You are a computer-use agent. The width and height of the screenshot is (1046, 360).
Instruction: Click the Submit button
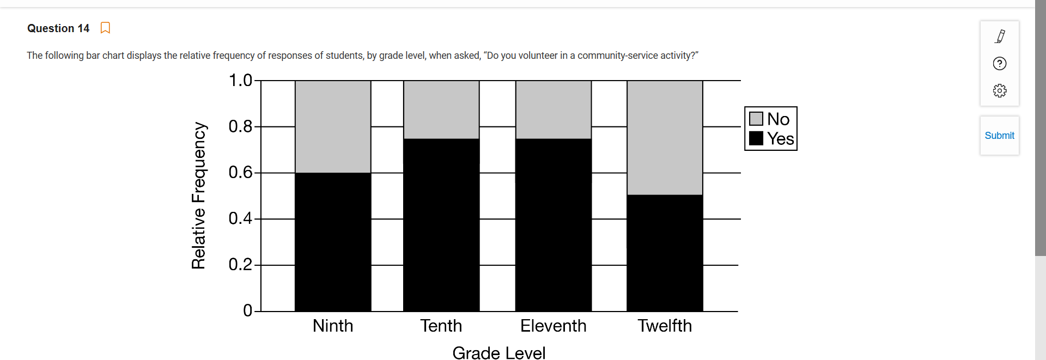click(x=999, y=136)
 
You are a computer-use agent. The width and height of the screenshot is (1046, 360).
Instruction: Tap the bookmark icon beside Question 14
click(x=105, y=28)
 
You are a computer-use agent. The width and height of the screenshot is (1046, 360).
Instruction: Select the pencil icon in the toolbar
click(x=1000, y=36)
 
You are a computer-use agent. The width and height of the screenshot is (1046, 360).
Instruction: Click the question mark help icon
click(x=1000, y=64)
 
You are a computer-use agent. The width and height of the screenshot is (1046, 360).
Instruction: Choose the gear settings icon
click(x=1000, y=90)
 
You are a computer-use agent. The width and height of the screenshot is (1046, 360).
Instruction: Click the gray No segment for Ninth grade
click(x=333, y=126)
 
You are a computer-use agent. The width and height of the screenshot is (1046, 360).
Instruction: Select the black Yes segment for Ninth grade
click(x=333, y=242)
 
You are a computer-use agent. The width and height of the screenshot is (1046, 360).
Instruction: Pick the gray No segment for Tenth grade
click(x=441, y=109)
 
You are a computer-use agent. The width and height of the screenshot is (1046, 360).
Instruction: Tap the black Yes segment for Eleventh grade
click(x=554, y=225)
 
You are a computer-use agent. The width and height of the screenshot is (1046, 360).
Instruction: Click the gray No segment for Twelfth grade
click(x=665, y=138)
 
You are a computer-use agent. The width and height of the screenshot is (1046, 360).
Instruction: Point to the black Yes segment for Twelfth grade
click(x=665, y=253)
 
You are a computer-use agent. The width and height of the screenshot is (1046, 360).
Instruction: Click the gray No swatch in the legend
click(x=756, y=119)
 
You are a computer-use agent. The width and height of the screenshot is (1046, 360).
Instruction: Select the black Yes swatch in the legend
click(x=756, y=138)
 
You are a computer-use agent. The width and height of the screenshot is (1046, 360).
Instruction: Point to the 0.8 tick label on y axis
click(x=240, y=126)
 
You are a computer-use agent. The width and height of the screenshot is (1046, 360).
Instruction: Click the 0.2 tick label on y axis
click(x=240, y=265)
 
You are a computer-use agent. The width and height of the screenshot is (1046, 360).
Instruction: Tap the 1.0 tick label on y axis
click(x=240, y=81)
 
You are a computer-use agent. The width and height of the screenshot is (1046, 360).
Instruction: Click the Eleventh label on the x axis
click(x=554, y=326)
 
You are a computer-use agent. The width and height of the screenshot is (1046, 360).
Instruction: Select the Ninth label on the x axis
click(x=333, y=326)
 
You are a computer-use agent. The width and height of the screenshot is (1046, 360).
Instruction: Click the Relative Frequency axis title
click(x=198, y=196)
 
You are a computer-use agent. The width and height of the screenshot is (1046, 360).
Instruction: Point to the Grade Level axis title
click(x=499, y=352)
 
